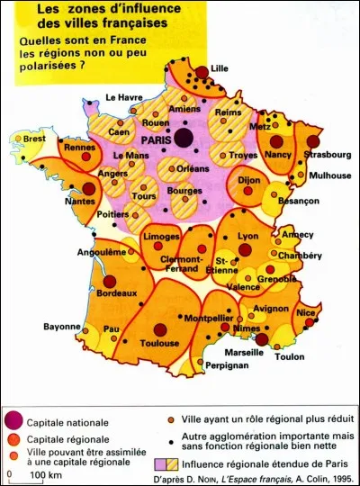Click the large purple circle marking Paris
coord(184,138)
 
